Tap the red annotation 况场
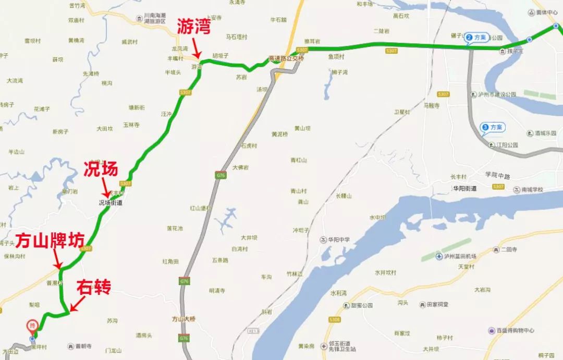coord(101,169)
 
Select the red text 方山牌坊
coord(50,241)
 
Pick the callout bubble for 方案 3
coord(492,127)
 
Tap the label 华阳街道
coord(464,188)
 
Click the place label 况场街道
coord(111,203)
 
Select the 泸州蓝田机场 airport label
coord(456,257)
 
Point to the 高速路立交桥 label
coord(286,58)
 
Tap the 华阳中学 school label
coord(338,240)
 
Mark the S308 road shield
coord(334,319)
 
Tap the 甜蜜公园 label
coord(362,305)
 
